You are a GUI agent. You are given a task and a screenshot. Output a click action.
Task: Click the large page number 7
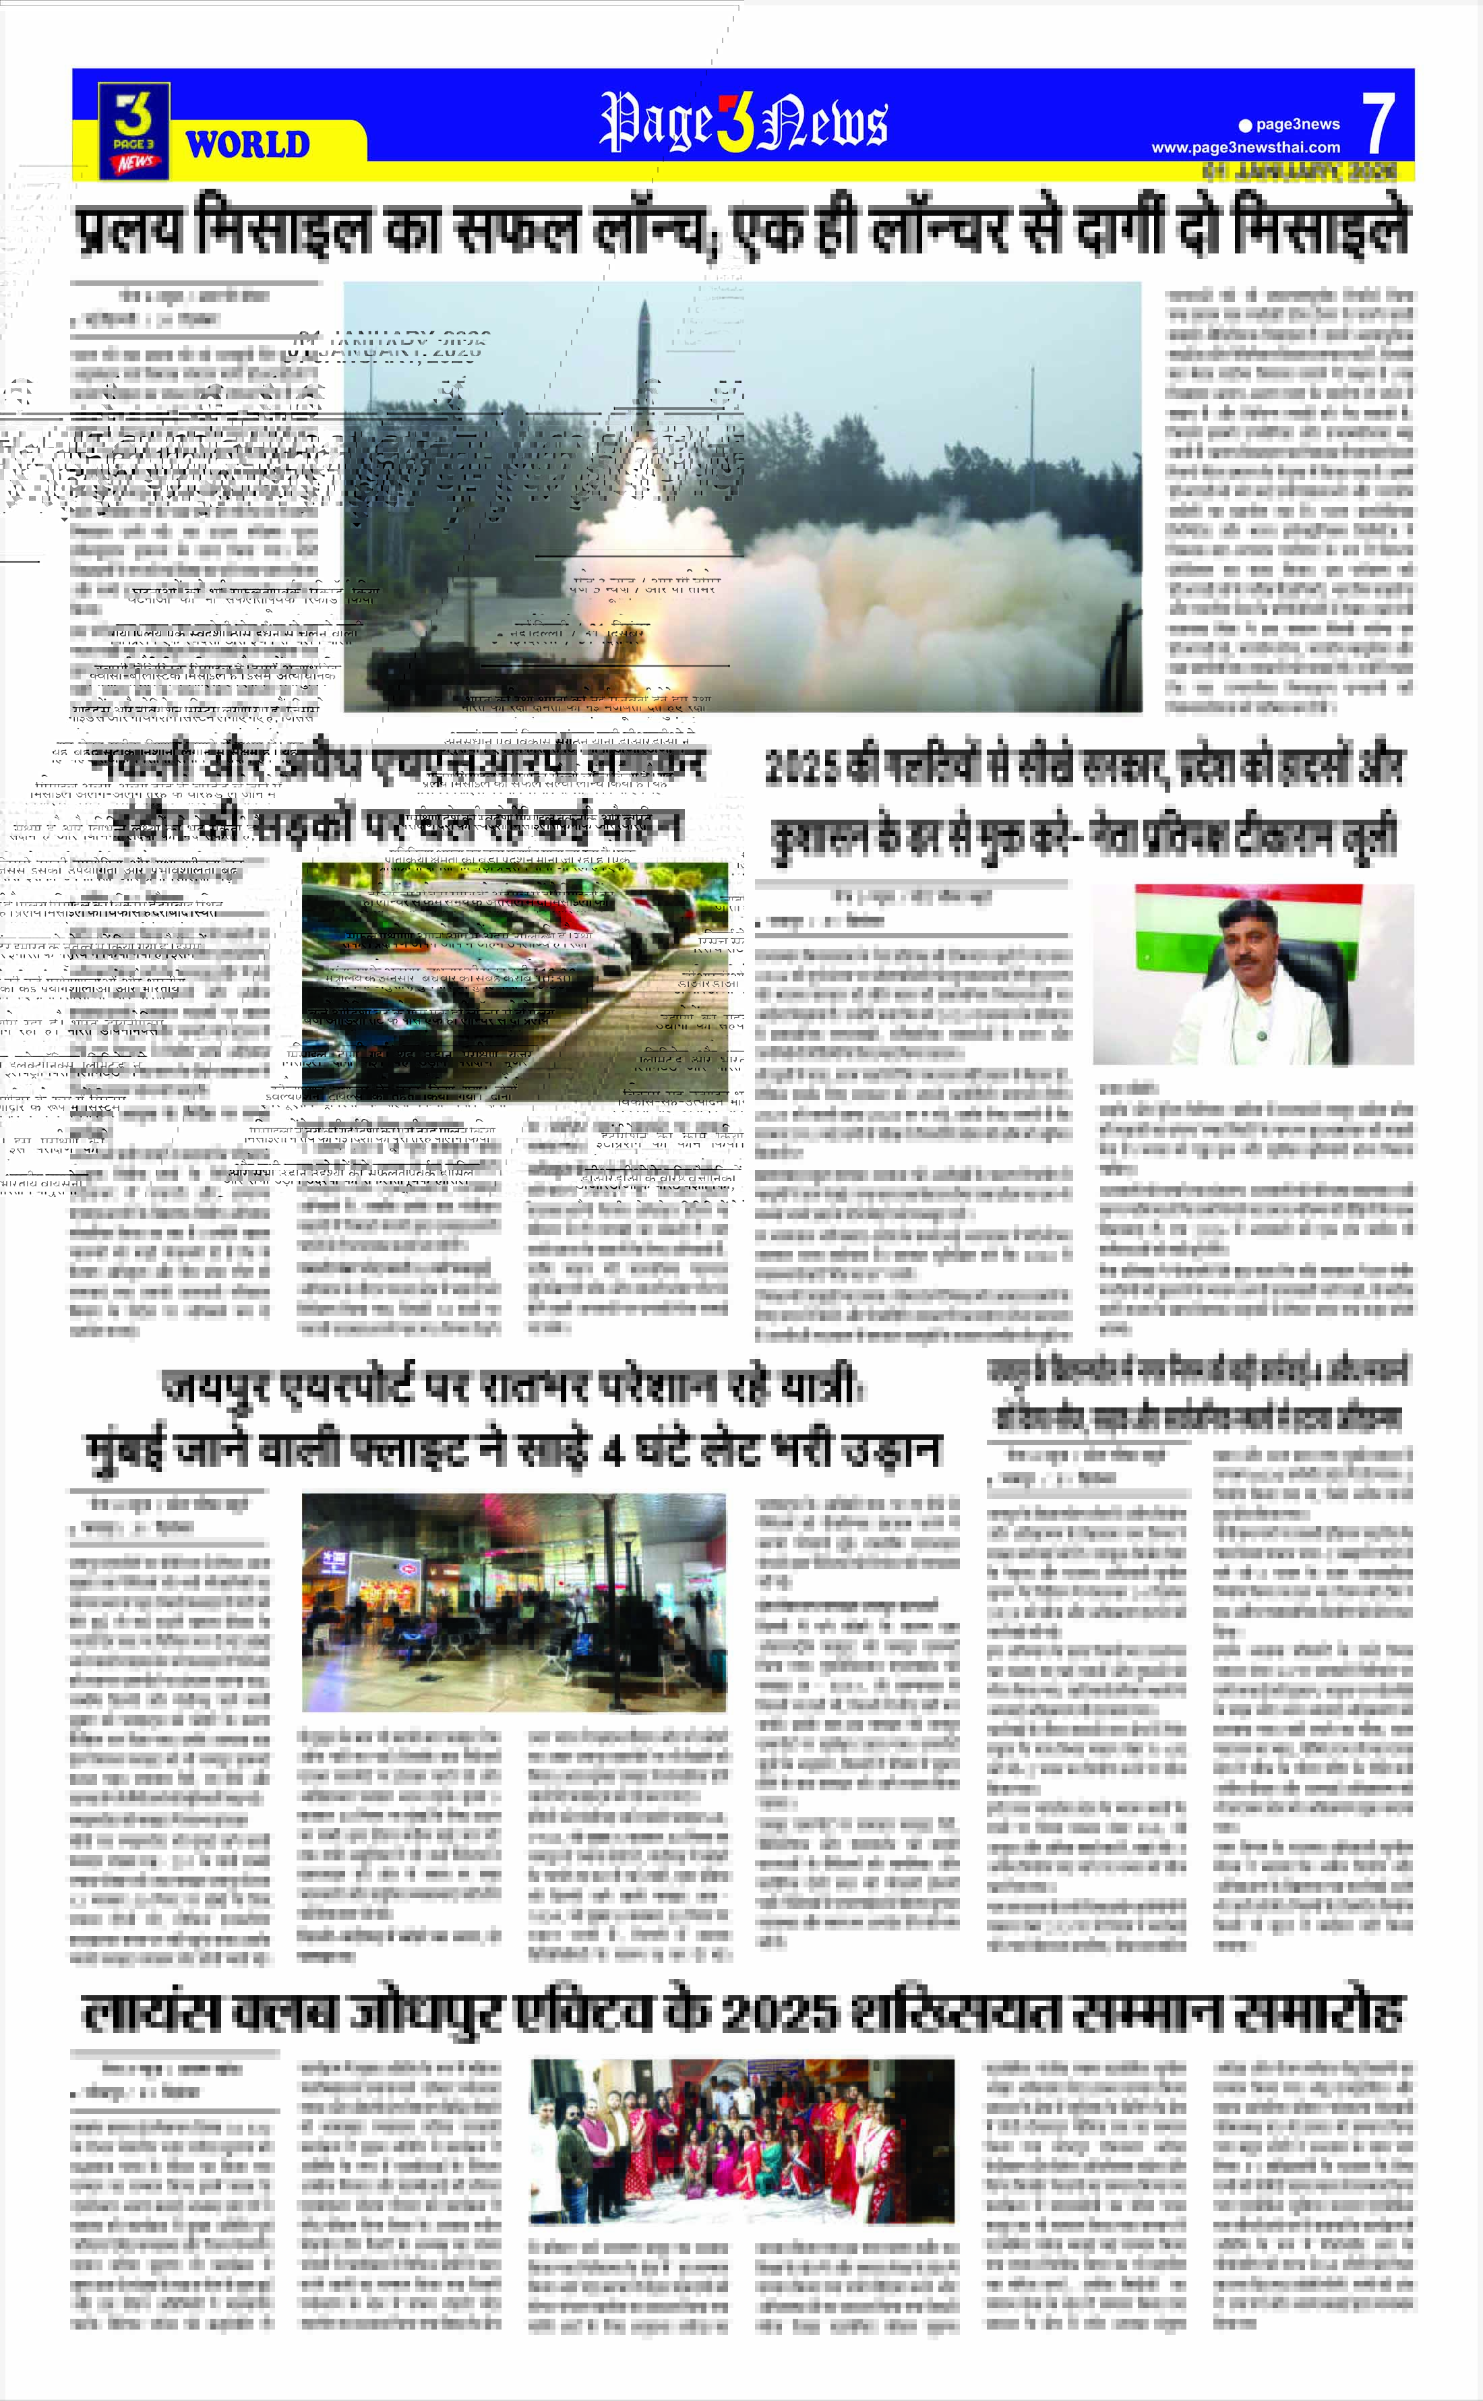pos(1378,123)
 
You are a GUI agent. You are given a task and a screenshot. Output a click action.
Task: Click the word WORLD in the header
pos(247,145)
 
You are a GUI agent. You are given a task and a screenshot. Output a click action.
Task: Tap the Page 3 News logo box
pos(134,131)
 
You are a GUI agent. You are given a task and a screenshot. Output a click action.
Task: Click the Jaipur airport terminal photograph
pos(514,1602)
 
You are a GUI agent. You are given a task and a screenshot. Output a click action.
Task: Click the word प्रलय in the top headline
pos(131,228)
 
